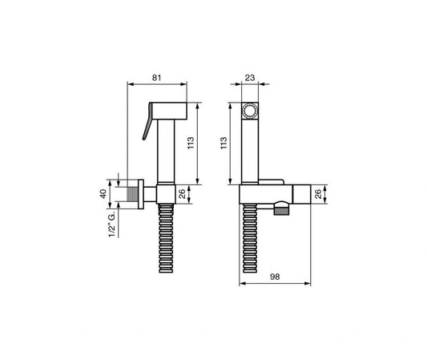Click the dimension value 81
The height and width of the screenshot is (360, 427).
[156, 79]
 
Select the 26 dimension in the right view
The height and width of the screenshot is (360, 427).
[318, 193]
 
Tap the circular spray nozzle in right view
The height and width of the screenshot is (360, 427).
[249, 110]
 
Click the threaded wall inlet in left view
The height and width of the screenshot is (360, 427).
[131, 193]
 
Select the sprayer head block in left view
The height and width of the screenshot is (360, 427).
[171, 109]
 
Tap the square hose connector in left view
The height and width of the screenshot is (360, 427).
[167, 193]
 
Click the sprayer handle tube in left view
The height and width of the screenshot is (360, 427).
[167, 152]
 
